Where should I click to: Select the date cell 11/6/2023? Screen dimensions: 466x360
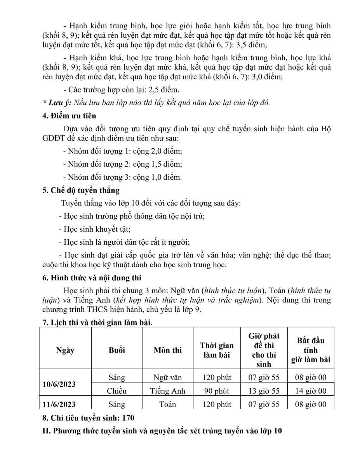[x=59, y=404]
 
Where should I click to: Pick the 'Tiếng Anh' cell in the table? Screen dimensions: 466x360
[x=168, y=391]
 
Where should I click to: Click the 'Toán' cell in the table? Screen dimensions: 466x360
[x=168, y=404]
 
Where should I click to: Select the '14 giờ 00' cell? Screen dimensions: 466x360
[x=311, y=391]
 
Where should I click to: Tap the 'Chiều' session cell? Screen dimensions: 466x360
[x=117, y=391]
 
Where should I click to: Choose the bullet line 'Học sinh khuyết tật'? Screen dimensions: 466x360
[x=94, y=229]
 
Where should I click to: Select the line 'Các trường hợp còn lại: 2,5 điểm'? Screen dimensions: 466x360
[x=121, y=90]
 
